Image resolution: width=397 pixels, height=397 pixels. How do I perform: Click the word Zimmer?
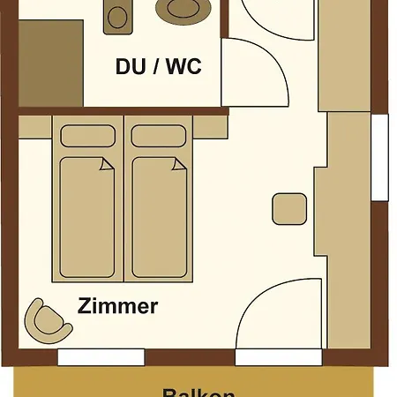tap(117, 307)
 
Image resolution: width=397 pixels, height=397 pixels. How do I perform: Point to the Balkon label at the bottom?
tap(198, 393)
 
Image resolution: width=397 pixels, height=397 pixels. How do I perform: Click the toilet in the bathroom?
tap(116, 16)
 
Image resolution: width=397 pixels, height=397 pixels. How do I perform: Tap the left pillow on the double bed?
tap(87, 136)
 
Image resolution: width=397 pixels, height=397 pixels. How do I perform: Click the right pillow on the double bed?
tap(159, 136)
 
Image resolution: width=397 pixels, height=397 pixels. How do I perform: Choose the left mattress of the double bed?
tap(87, 216)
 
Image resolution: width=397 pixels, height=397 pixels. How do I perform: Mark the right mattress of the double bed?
tap(159, 216)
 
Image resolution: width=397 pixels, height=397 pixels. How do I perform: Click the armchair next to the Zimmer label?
tap(48, 322)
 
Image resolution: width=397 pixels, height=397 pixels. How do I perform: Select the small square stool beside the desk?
tap(289, 209)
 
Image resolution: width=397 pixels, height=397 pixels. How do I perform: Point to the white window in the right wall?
tap(380, 156)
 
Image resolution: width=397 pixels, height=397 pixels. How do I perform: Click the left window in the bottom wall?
tap(101, 357)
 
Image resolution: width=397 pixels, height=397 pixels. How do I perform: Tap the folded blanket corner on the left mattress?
tap(107, 164)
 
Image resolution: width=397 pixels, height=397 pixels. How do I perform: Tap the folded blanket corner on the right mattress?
tap(179, 164)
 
